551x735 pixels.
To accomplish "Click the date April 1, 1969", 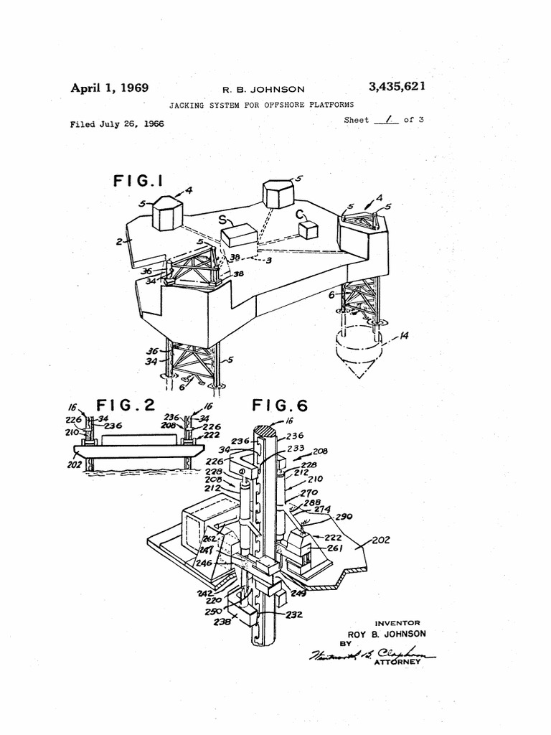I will coord(109,88).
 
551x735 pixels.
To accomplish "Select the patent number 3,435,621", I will coord(397,88).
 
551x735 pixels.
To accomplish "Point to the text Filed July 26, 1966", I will coord(116,123).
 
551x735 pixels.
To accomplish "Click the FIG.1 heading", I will coord(139,181).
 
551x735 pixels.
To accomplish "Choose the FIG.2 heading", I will coord(126,406).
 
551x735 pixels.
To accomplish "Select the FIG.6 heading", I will coord(280,406).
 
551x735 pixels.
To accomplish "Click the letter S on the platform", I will coord(223,219).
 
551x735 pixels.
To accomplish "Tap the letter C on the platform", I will coord(300,213).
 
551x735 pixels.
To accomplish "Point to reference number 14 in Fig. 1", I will coord(405,334).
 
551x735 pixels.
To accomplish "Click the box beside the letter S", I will coord(239,235).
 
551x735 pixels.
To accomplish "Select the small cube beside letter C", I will coord(309,230).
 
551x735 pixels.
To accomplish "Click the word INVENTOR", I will coord(397,623).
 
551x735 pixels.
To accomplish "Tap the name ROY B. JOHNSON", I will coord(387,634).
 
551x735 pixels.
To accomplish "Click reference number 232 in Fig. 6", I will coord(294,614).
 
